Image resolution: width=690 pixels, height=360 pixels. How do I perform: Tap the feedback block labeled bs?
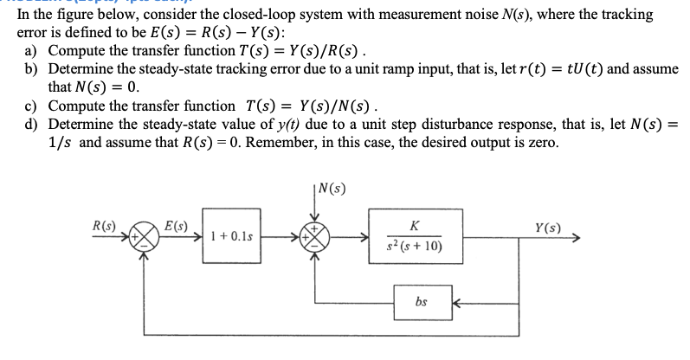(420, 302)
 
